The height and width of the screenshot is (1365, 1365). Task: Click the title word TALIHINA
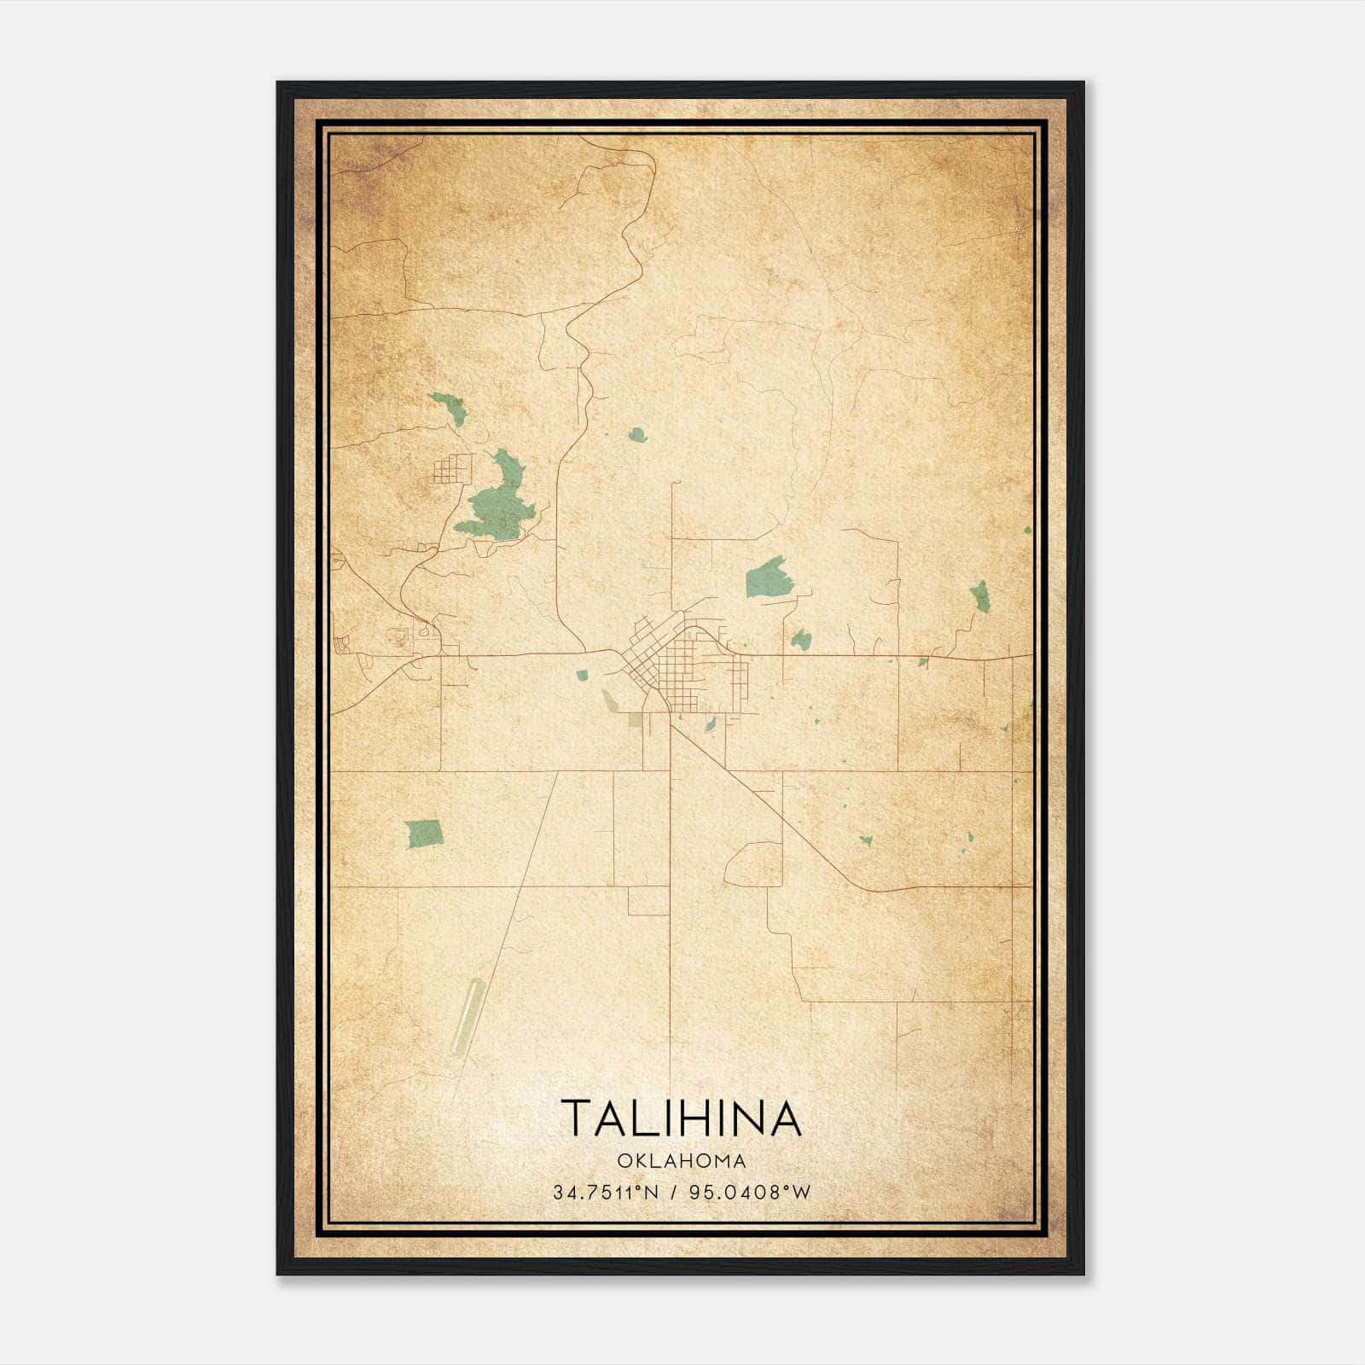coord(682,1118)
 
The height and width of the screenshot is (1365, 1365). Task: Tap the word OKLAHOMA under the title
coord(682,1161)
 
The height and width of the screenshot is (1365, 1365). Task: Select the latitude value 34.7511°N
coord(606,1193)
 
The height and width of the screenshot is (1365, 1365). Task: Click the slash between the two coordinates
coord(676,1193)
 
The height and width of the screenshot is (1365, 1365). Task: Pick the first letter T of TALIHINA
coord(573,1118)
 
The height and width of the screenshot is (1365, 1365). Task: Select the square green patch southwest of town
coord(424,833)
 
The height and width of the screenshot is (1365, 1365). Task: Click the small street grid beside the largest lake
coord(452,470)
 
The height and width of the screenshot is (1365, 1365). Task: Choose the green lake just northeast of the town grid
coord(767,578)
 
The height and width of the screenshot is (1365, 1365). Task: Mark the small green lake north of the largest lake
coord(446,407)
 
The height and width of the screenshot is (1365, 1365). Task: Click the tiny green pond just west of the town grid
coord(582,676)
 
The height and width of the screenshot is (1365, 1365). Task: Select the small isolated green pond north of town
coord(637,435)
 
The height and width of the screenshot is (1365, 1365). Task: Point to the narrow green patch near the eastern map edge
coord(981,595)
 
